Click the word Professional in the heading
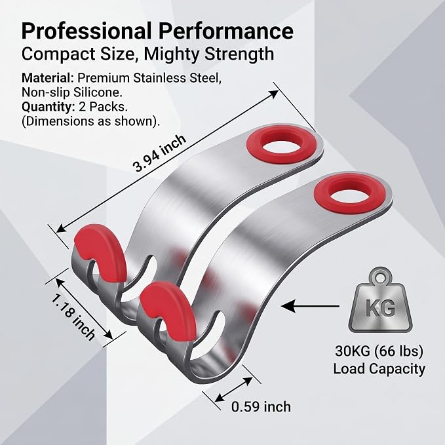point(87,31)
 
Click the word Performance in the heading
point(226,31)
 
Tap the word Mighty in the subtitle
point(172,54)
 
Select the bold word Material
point(48,78)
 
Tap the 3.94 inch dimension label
point(159,153)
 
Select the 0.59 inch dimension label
point(261,407)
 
